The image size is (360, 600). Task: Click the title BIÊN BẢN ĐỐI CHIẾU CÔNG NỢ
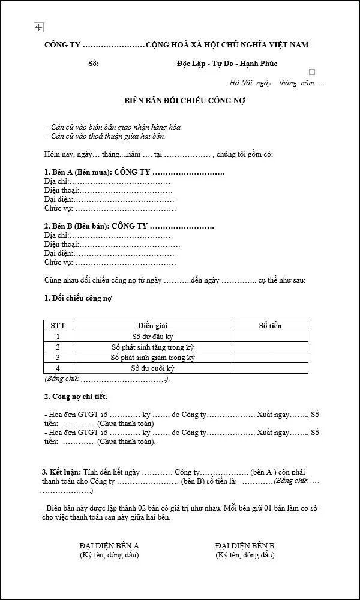point(181,100)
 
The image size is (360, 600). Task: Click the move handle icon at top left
point(39,28)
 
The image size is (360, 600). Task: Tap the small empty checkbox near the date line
point(311,72)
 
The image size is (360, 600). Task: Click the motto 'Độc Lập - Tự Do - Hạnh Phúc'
point(227,64)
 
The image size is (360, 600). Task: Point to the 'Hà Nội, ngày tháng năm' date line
point(277,83)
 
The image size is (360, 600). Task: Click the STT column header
point(58,326)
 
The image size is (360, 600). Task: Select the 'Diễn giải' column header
point(153,326)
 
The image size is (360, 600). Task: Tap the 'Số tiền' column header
point(270,326)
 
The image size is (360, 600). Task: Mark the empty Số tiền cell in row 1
point(270,337)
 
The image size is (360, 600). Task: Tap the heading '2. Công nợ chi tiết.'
point(76,397)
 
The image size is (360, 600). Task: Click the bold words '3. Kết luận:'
point(61,472)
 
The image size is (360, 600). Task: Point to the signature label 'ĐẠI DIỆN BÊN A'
point(109,546)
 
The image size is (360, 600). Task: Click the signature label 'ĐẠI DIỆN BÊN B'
point(245,546)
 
